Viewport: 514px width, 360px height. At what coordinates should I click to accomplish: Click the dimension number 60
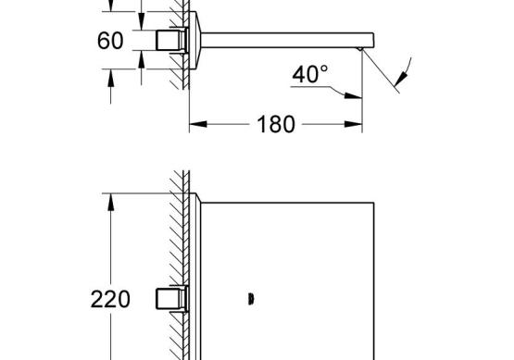point(110,41)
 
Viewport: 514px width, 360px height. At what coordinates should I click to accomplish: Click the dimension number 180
point(276,125)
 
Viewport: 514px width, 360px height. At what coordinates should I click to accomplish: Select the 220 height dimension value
point(110,299)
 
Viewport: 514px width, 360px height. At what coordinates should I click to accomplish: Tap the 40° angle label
point(309,74)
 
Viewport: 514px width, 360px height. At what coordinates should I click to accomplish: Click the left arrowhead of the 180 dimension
point(198,124)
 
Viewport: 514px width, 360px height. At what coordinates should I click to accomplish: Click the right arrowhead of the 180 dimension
point(354,124)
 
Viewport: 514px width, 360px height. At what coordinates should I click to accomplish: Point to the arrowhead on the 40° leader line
point(353,95)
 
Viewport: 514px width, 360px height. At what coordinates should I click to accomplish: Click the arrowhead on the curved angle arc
point(402,79)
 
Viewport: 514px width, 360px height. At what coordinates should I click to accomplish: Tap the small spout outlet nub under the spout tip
point(360,49)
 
